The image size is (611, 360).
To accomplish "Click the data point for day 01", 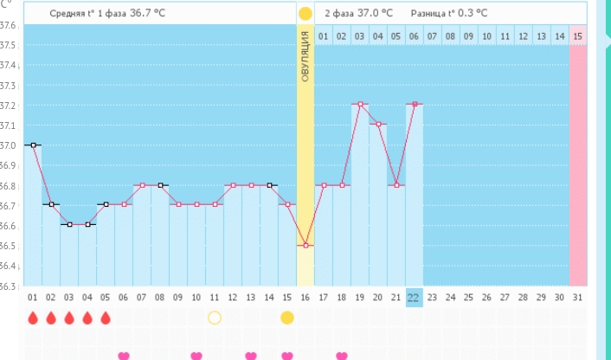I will (x=33, y=145).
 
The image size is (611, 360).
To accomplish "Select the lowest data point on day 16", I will (x=305, y=245).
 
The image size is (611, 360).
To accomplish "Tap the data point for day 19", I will (x=360, y=104).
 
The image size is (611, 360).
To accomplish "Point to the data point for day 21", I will (x=396, y=185).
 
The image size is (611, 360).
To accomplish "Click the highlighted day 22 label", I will (x=414, y=297).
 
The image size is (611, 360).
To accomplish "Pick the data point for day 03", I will (x=69, y=225).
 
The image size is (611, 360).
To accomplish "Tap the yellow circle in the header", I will (x=305, y=13).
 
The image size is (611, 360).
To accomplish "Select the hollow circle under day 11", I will (x=215, y=318).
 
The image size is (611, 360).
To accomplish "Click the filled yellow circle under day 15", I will (x=287, y=318).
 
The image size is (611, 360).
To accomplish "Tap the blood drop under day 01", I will (x=33, y=318).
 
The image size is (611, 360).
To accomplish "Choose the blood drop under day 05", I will (x=106, y=318).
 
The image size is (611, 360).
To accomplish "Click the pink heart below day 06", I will (x=124, y=355).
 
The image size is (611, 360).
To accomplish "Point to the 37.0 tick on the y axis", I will (x=9, y=145).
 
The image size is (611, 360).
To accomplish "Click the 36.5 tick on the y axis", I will (x=9, y=246).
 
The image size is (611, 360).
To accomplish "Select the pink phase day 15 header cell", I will (x=578, y=36).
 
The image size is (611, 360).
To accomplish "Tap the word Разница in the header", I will (x=418, y=13).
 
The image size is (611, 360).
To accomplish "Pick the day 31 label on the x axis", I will (x=578, y=297).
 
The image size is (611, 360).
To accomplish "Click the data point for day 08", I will (x=160, y=185).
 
